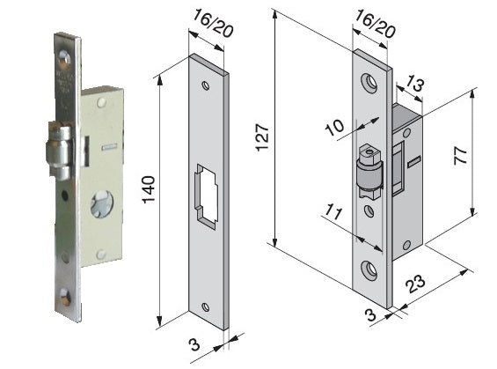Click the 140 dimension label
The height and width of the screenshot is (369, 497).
pyautogui.click(x=149, y=189)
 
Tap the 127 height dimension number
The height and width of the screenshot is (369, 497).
pyautogui.click(x=263, y=137)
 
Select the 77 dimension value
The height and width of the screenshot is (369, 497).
pyautogui.click(x=461, y=155)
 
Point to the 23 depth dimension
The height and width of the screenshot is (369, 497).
pyautogui.click(x=416, y=284)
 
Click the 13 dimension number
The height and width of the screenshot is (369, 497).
pyautogui.click(x=414, y=84)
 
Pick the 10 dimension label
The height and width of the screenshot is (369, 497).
pyautogui.click(x=335, y=127)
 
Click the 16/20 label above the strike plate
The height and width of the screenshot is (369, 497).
pyautogui.click(x=213, y=23)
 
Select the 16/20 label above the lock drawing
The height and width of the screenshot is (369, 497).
pyautogui.click(x=375, y=24)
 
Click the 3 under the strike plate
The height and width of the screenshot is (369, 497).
pyautogui.click(x=194, y=344)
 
